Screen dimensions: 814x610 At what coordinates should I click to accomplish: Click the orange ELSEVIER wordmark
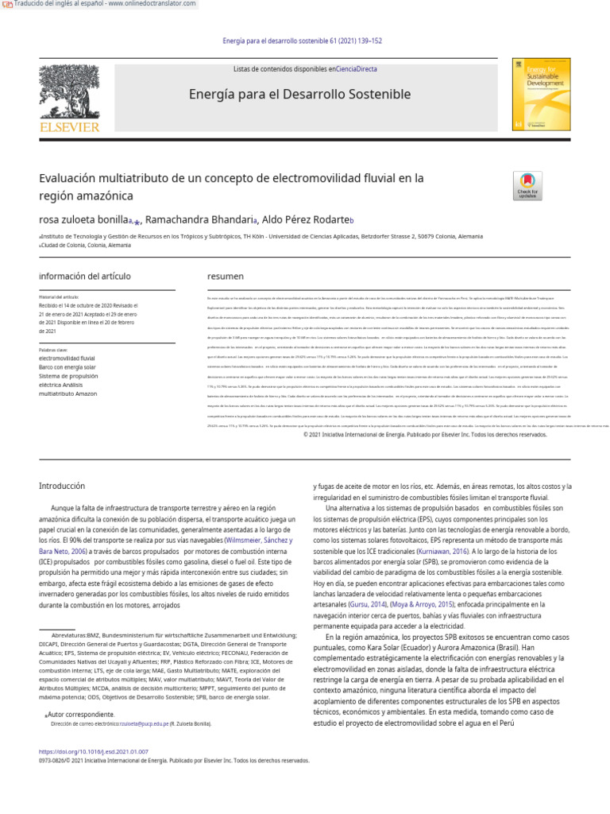[70, 127]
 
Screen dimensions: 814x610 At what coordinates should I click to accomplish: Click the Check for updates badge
[527, 185]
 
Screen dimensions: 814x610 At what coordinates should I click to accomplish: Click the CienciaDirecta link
[357, 69]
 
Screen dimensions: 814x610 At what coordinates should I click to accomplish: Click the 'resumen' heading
[225, 277]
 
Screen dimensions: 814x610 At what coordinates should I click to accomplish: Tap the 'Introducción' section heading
[62, 486]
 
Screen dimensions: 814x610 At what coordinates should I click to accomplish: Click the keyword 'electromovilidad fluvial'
[67, 359]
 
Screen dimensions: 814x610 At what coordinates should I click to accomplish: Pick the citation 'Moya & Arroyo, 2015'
[423, 604]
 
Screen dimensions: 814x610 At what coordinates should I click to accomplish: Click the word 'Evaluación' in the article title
[72, 178]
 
